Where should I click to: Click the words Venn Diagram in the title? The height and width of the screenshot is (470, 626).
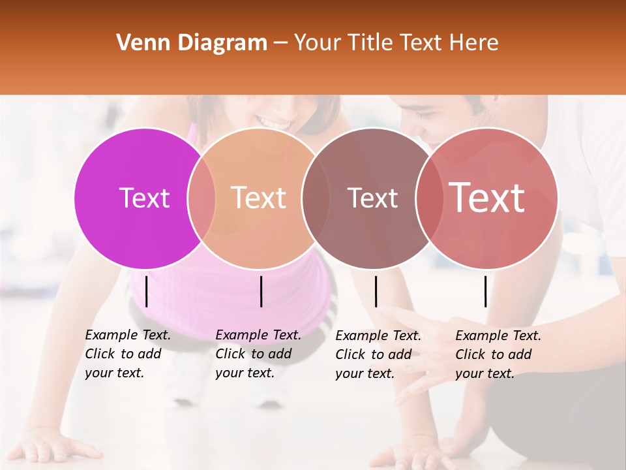pyautogui.click(x=191, y=43)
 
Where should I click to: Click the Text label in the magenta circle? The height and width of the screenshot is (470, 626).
pyautogui.click(x=144, y=198)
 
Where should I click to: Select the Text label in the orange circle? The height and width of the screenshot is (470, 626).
pyautogui.click(x=259, y=198)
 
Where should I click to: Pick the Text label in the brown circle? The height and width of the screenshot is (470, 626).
pyautogui.click(x=372, y=198)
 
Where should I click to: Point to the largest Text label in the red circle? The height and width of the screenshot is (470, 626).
pyautogui.click(x=487, y=198)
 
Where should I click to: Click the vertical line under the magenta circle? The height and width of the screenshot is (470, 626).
pyautogui.click(x=147, y=291)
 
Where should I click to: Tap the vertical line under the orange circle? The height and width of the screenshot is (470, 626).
pyautogui.click(x=261, y=291)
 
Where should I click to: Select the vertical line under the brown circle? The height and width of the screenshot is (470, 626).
pyautogui.click(x=376, y=291)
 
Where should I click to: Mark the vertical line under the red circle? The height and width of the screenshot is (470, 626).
pyautogui.click(x=486, y=291)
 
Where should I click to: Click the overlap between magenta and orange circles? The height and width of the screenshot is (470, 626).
pyautogui.click(x=201, y=198)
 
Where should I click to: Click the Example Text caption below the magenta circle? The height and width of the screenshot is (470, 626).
pyautogui.click(x=128, y=354)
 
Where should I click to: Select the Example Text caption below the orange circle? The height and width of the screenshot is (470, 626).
pyautogui.click(x=258, y=354)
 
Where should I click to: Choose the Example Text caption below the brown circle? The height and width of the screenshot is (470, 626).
pyautogui.click(x=378, y=354)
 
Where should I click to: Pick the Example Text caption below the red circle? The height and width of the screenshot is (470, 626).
pyautogui.click(x=498, y=354)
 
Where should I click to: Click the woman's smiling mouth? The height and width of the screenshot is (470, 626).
pyautogui.click(x=274, y=121)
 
